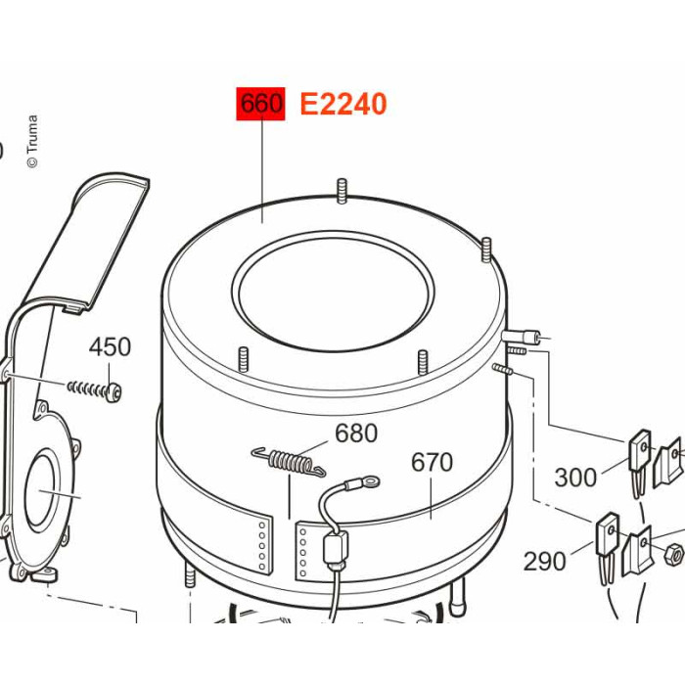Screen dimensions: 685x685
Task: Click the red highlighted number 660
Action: coord(261,104)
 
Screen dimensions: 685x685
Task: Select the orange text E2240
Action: coord(343,104)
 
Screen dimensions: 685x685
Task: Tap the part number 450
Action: coord(110,346)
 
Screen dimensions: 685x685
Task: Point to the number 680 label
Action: coord(356,433)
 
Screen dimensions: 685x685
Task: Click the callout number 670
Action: coord(432,462)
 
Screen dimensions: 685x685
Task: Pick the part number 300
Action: coord(575,478)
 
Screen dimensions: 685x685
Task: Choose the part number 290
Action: coord(544,561)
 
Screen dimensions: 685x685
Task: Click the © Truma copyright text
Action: coord(32,141)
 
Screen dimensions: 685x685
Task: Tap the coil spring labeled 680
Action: coord(290,462)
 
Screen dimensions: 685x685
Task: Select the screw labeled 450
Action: coord(94,388)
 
